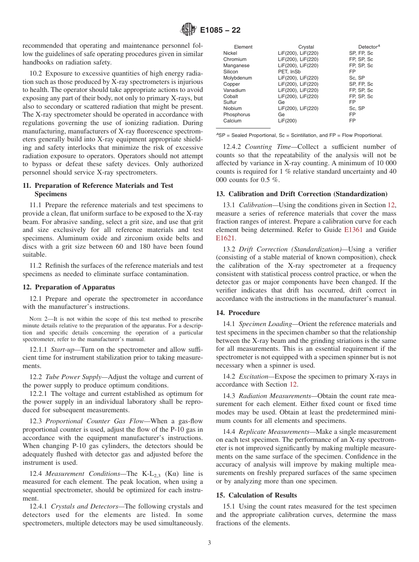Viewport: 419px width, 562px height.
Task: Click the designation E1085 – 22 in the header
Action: point(220,30)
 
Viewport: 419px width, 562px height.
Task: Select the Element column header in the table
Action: point(243,47)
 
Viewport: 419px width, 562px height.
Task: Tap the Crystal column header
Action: point(306,47)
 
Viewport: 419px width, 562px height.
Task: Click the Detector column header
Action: point(369,47)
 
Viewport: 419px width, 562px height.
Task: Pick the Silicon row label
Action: point(231,72)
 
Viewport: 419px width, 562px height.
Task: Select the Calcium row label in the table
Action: point(232,121)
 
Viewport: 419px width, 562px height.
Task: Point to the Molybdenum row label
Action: point(237,78)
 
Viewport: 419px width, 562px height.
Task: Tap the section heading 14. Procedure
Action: point(238,312)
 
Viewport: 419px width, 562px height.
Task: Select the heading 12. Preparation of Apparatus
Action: point(68,287)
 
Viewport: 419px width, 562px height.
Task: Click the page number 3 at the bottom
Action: point(209,543)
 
